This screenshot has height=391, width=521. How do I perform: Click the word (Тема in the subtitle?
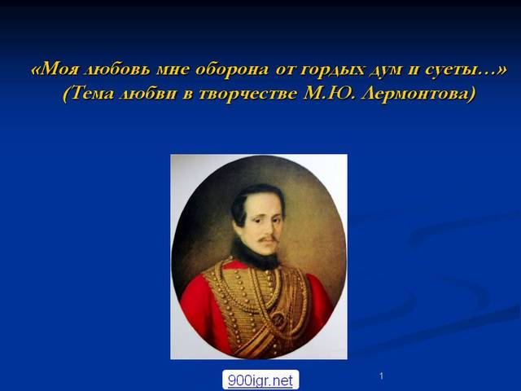click(x=89, y=94)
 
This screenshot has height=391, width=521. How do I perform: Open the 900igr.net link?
click(x=260, y=380)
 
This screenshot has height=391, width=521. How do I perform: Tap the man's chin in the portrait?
click(x=265, y=252)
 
